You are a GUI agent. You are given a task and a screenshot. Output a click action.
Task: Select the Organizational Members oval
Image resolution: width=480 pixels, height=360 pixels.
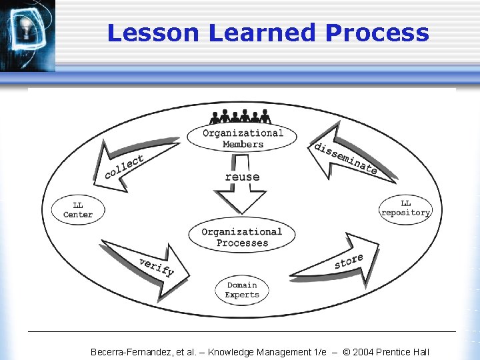[243, 138]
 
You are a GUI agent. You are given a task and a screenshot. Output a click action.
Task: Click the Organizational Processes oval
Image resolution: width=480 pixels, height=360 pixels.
[241, 237]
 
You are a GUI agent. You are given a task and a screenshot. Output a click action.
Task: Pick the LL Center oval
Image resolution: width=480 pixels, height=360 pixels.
[78, 209]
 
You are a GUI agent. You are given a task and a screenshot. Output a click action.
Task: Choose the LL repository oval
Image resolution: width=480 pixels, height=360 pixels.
[405, 208]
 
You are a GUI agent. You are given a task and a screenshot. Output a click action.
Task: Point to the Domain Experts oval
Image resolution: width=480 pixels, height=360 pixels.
[242, 290]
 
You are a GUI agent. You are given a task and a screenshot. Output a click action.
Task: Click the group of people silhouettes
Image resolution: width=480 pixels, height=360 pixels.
[240, 117]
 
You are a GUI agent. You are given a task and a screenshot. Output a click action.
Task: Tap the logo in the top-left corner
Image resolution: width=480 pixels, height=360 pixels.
[27, 33]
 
